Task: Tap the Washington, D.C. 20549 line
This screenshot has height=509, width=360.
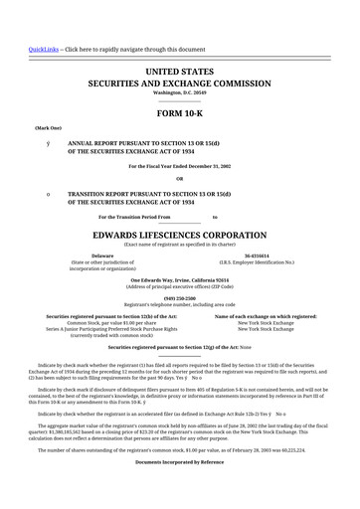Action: pyautogui.click(x=179, y=93)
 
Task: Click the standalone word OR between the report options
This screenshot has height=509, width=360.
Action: pyautogui.click(x=179, y=179)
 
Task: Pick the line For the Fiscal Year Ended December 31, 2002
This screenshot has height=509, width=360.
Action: pyautogui.click(x=179, y=165)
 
